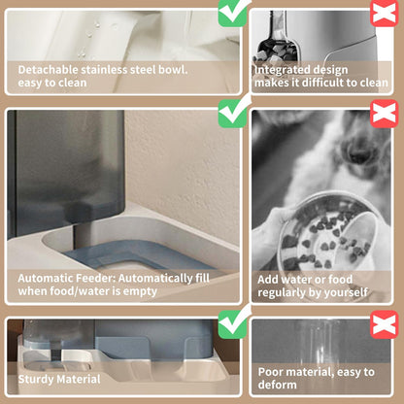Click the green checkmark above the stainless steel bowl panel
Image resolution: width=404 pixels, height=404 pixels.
tap(232, 13)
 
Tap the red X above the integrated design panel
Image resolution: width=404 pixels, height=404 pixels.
tap(385, 13)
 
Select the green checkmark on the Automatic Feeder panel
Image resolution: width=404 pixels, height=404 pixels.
tap(232, 113)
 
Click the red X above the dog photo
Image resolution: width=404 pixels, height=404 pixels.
tap(385, 114)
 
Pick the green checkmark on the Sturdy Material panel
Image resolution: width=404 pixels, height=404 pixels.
tap(232, 323)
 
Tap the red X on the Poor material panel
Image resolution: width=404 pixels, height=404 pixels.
tap(385, 324)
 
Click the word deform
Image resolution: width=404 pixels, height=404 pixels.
tap(277, 385)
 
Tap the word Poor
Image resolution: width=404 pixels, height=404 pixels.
tap(271, 372)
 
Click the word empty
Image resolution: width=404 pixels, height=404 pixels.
tap(140, 291)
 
